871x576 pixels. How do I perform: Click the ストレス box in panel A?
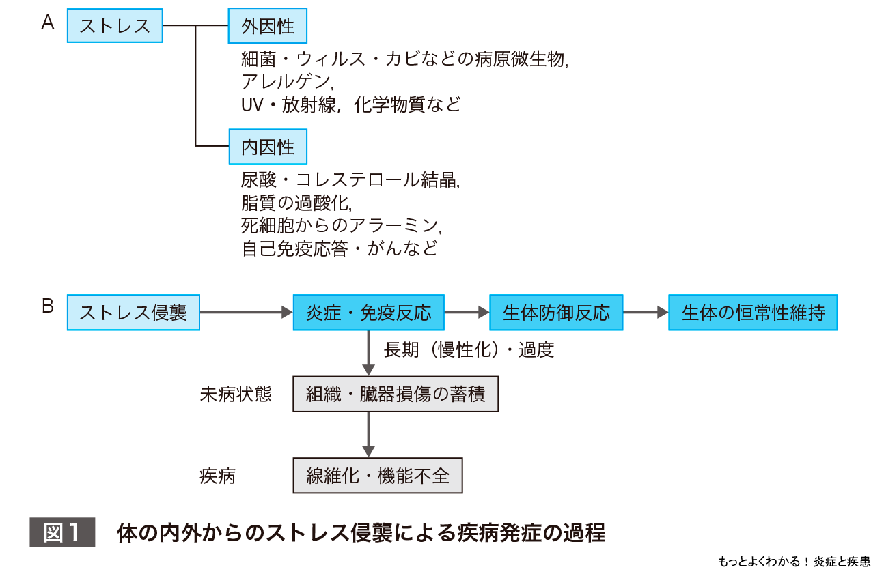coord(115,26)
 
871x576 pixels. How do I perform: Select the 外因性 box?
coord(268,26)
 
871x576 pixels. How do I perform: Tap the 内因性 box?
coord(268,146)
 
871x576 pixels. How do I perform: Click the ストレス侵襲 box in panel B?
coord(133,313)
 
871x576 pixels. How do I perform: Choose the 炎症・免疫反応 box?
coord(368,313)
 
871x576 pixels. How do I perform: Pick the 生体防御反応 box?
coord(556,313)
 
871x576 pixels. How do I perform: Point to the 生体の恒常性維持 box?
coord(753,313)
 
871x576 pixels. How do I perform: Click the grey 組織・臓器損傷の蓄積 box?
coord(396,394)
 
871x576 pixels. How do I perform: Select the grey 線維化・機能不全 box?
coord(378,475)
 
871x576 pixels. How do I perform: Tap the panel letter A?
coord(48,23)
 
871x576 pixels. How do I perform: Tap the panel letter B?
coord(48,306)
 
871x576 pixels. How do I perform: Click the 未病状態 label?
coord(236,394)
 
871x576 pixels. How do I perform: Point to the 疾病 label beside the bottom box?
coord(218,476)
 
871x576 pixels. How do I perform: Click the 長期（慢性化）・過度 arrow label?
coord(469,350)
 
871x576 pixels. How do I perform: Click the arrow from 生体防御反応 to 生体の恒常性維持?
coord(646,313)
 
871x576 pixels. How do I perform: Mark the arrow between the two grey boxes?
coord(368,435)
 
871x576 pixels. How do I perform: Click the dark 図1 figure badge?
coord(61,532)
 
